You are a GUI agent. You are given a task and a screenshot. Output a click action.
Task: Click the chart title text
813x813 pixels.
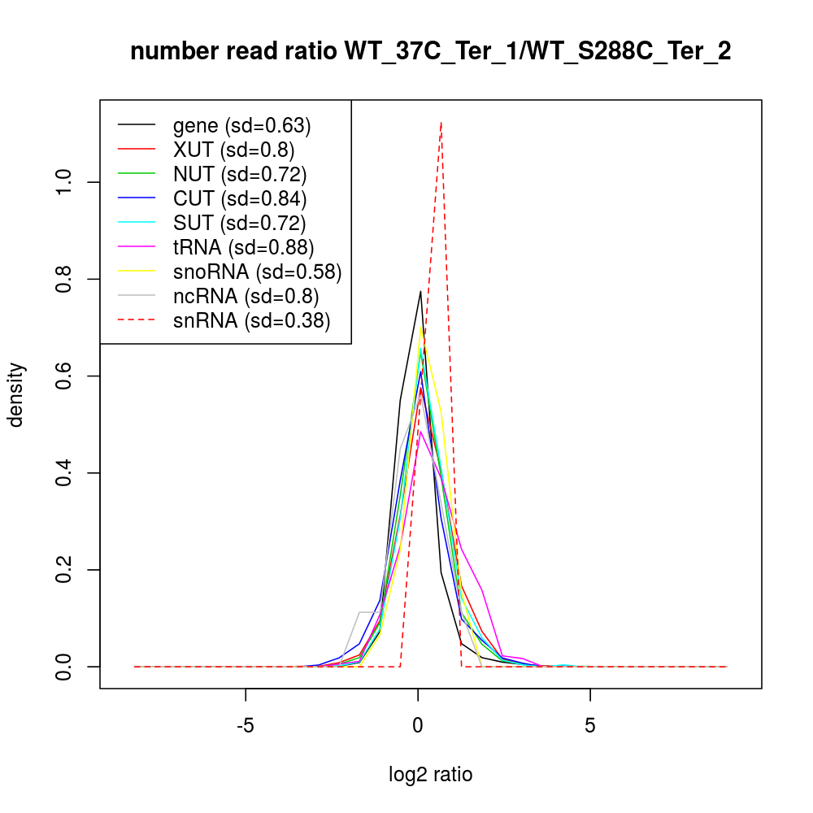430,52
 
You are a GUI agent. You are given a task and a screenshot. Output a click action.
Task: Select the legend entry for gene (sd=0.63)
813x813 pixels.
241,125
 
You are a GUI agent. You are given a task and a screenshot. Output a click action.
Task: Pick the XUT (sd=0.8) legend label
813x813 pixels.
233,150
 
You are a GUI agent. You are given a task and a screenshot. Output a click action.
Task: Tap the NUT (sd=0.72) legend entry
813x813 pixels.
239,174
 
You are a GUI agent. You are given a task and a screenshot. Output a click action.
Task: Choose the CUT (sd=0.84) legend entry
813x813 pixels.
239,198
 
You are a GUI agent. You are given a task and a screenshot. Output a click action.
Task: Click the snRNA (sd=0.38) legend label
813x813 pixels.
251,320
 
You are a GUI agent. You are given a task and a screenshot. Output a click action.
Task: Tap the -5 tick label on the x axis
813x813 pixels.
246,724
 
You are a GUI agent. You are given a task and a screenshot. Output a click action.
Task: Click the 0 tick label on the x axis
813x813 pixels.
418,724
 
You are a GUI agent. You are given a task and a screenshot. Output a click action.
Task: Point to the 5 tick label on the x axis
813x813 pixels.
589,724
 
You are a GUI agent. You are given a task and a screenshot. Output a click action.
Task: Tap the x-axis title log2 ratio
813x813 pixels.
430,775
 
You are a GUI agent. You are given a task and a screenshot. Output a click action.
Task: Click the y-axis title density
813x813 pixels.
18,394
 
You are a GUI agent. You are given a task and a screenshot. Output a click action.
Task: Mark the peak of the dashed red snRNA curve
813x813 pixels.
441,122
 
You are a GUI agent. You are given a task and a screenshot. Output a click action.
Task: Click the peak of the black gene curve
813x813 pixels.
420,291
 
